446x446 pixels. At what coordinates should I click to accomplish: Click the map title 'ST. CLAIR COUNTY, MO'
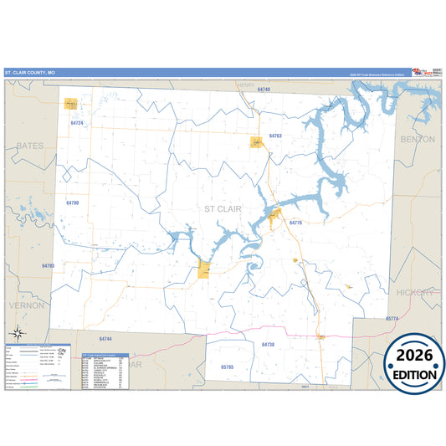point(30,73)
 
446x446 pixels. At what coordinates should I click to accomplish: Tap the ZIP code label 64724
point(77,123)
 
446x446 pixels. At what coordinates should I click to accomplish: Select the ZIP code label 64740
point(264,89)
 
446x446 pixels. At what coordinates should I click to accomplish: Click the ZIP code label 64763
point(275,136)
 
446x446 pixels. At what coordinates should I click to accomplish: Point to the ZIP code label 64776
point(295,223)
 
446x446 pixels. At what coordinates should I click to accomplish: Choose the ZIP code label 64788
point(72,203)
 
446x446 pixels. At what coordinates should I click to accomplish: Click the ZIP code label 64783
point(48,265)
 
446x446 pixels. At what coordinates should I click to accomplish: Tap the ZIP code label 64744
point(105,339)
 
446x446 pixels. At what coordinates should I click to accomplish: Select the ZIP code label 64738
point(267,344)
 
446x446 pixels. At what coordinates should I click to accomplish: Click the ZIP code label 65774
point(392,319)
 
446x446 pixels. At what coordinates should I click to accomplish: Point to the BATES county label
point(29,146)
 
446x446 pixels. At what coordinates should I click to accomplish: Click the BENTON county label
point(418,139)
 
